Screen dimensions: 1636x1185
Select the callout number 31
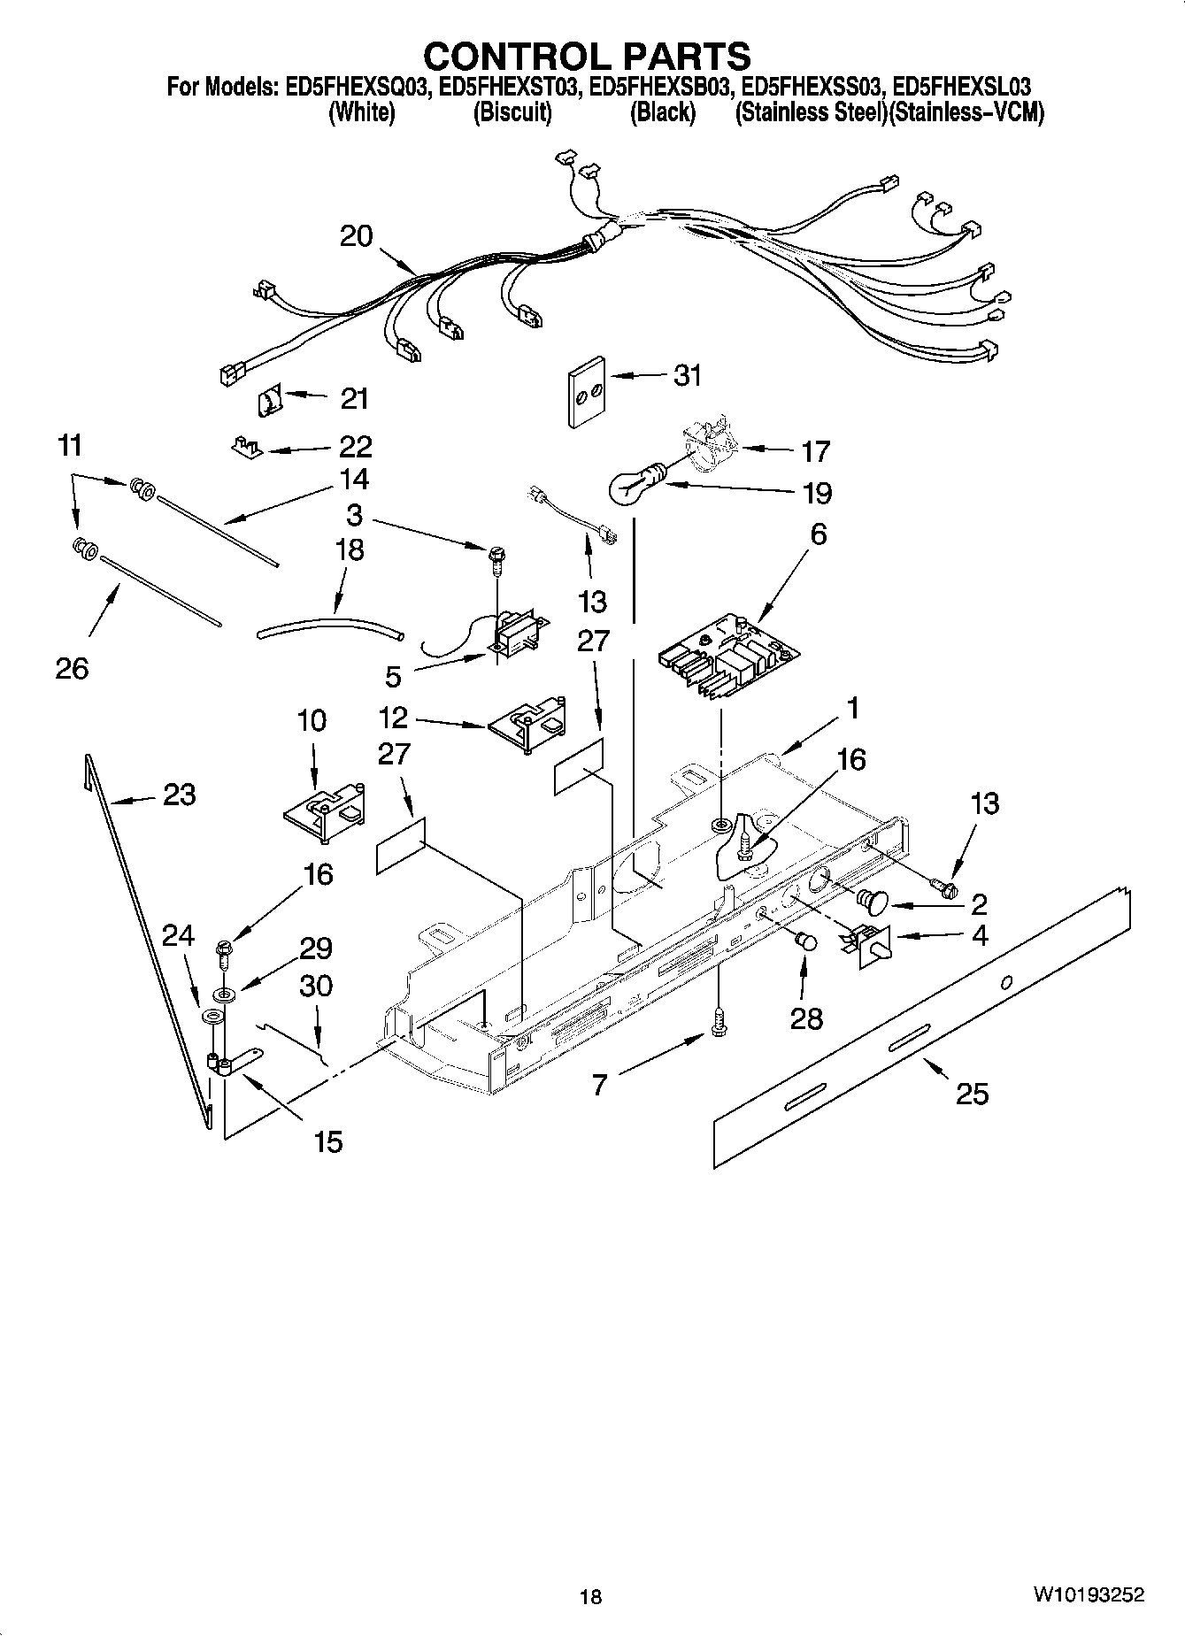point(687,375)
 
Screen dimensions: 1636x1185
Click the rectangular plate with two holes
point(585,391)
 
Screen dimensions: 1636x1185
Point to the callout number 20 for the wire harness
point(357,236)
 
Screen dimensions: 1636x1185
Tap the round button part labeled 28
point(805,941)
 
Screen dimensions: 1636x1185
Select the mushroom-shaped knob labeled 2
point(873,900)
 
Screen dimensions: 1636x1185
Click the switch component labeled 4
point(870,943)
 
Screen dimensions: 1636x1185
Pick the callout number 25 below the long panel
point(972,1094)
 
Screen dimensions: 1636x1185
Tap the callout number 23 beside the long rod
point(179,795)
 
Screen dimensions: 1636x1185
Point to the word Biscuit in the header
point(512,112)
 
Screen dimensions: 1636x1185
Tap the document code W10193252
point(1087,1595)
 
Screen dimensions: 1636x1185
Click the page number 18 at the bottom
point(590,1596)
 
